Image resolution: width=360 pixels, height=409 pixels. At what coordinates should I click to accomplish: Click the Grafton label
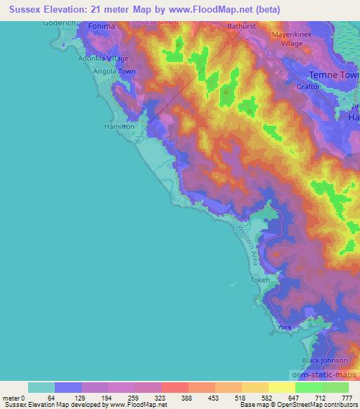coord(309,86)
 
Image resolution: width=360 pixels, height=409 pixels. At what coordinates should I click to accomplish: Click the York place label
coord(284,327)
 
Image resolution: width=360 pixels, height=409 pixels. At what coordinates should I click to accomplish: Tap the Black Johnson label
coord(324,361)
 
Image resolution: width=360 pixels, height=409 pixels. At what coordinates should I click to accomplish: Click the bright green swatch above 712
coord(308,387)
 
